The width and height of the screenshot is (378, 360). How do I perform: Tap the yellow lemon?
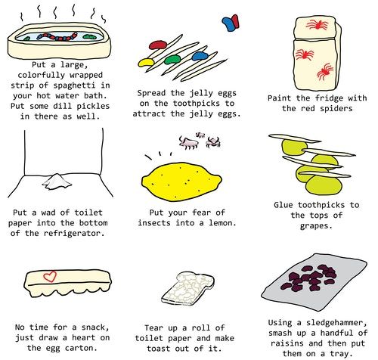pos(182,184)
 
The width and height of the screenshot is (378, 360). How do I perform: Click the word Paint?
pos(281,98)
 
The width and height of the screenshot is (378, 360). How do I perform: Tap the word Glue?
pos(287,206)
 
